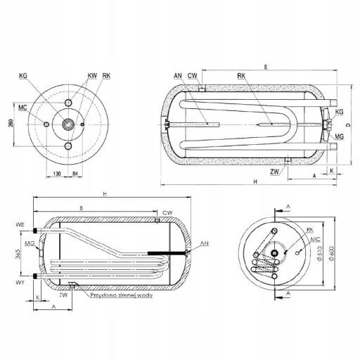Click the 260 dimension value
11,124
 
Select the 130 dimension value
57,174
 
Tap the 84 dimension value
75,174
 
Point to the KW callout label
92,76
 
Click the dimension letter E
266,67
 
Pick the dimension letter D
349,125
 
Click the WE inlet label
20,224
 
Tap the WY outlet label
20,283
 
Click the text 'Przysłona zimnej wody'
122,295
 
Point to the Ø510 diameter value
319,253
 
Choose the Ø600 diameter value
331,252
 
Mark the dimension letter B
82,208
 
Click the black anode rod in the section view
167,253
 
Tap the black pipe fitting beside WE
35,231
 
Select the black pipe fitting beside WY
35,276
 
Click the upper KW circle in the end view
68,103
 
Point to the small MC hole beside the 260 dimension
47,124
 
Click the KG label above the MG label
339,112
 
